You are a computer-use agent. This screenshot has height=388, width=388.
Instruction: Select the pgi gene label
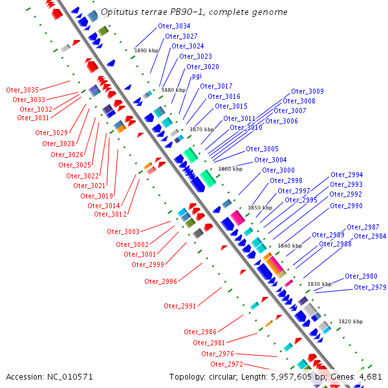(196, 76)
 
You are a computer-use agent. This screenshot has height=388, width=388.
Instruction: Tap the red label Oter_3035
(23, 90)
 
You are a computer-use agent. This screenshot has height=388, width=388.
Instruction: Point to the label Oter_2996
(161, 281)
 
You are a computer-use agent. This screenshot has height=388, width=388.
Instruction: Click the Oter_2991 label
(180, 306)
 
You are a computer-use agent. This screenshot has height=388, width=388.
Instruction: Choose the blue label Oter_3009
(307, 91)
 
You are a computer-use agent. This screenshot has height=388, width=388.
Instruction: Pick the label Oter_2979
(371, 287)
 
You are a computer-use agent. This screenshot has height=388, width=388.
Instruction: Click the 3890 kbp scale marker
(146, 50)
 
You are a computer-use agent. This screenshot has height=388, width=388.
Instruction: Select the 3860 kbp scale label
(230, 169)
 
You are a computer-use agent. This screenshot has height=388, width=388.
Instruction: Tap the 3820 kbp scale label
(350, 321)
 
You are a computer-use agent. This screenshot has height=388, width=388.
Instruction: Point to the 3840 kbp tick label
(290, 246)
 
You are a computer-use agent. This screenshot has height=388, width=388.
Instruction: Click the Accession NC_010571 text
(50, 376)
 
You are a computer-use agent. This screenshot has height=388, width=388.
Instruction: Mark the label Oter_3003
(124, 232)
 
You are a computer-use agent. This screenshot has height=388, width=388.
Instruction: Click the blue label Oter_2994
(347, 175)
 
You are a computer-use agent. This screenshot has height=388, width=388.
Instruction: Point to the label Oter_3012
(110, 214)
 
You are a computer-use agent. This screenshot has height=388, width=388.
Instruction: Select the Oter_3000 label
(279, 170)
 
